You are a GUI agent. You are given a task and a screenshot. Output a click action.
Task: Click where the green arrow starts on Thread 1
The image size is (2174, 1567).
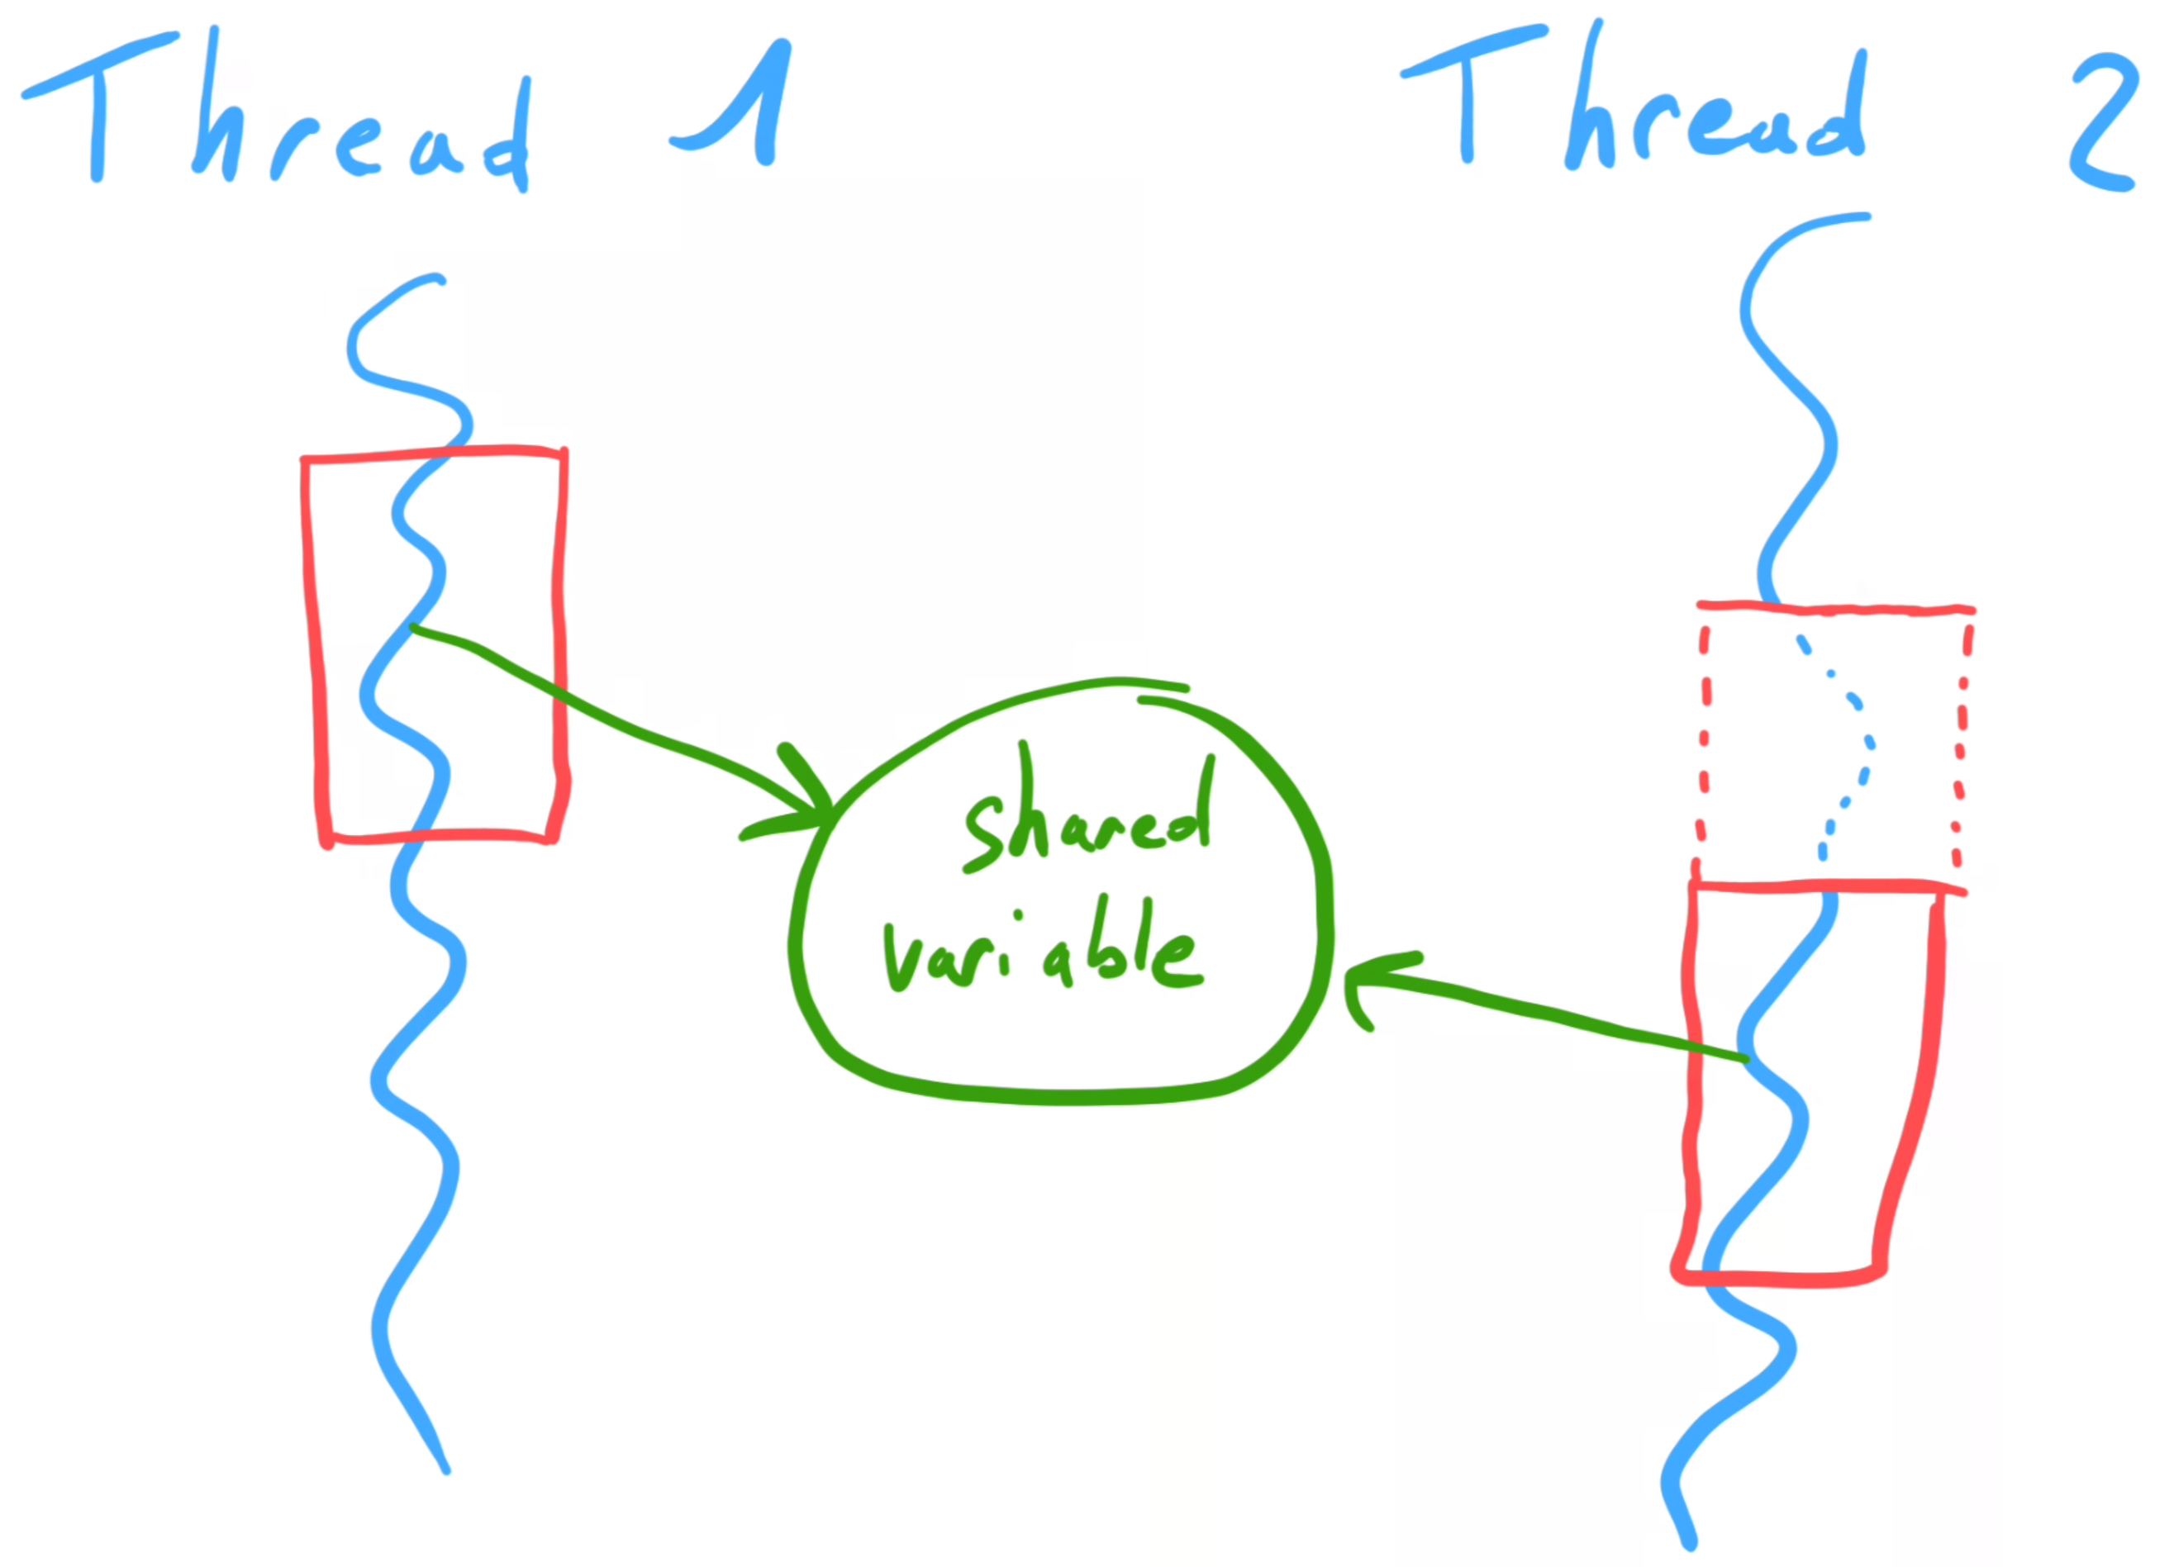[414, 628]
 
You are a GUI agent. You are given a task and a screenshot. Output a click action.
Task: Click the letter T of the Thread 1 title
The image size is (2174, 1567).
[96, 106]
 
